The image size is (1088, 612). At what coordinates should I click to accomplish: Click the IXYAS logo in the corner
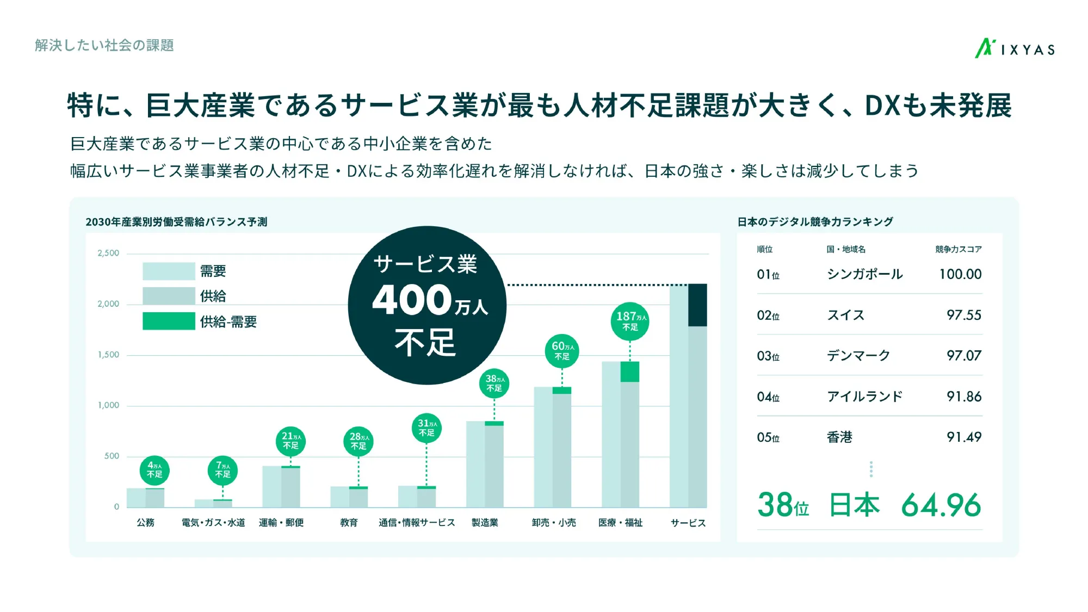1015,49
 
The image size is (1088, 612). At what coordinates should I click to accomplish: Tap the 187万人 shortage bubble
630,321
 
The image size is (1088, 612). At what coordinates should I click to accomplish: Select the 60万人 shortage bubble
562,351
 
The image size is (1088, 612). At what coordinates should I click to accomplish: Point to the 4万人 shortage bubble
154,470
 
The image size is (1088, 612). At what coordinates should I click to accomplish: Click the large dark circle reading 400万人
427,305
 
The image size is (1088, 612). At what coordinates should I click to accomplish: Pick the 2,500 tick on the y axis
108,253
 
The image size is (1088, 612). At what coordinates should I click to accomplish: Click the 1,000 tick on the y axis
108,405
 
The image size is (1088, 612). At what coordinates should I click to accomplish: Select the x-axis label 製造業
485,523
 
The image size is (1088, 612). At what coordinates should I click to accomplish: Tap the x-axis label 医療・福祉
620,523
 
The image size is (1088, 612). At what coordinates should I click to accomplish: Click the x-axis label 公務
145,523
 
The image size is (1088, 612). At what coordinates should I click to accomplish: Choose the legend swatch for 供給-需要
169,321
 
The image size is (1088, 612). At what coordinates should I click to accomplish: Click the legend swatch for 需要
169,271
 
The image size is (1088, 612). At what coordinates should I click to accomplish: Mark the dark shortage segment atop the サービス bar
697,305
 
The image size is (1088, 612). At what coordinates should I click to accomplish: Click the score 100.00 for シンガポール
960,274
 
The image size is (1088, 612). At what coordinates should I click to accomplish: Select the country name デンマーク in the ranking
858,356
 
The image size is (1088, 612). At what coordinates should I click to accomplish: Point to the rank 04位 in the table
768,397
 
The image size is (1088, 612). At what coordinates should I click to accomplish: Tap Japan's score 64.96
941,505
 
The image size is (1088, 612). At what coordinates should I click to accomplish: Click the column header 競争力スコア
959,249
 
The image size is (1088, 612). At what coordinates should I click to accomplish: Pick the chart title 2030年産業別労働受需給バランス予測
176,222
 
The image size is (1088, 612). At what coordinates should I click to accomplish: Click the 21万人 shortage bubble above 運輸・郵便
290,441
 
